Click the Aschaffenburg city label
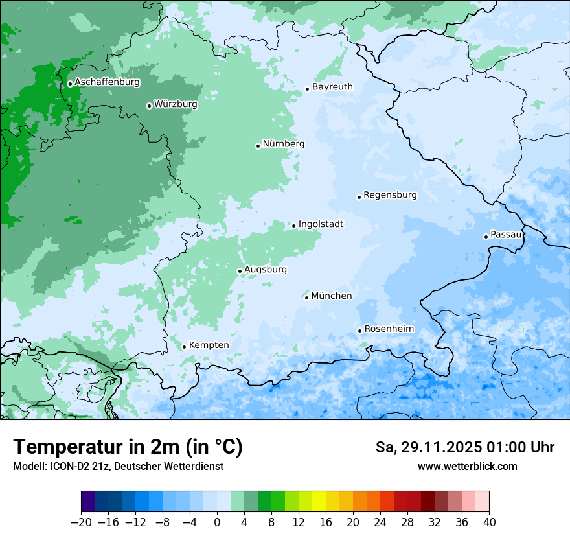[107, 82]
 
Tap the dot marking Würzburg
[149, 106]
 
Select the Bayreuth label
[332, 87]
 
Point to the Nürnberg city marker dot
[258, 146]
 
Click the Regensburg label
[390, 195]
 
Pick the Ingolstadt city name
[321, 224]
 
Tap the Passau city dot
[486, 237]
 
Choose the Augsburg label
[266, 270]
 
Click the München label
[332, 296]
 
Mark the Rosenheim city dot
[359, 331]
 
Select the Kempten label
[209, 345]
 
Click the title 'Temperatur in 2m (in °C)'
[128, 447]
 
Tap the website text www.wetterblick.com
[467, 466]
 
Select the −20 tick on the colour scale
[81, 522]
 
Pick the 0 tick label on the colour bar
[217, 522]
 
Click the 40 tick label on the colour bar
[489, 522]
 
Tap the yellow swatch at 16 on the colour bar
[319, 502]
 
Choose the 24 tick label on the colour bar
[380, 522]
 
